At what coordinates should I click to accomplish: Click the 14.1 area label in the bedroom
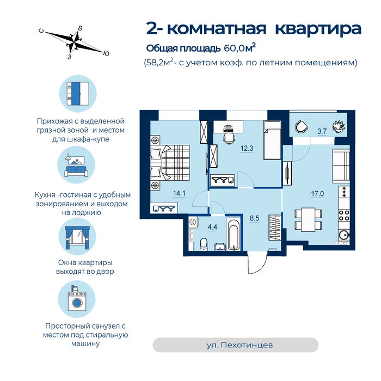pyautogui.click(x=179, y=193)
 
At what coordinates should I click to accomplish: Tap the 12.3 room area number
pyautogui.click(x=247, y=148)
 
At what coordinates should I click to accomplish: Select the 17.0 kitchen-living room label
pyautogui.click(x=317, y=194)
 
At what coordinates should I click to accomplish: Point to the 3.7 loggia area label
pyautogui.click(x=322, y=132)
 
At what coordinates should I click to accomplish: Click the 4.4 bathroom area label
pyautogui.click(x=212, y=227)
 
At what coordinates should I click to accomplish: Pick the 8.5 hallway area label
pyautogui.click(x=254, y=218)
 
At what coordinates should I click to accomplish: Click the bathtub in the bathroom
pyautogui.click(x=233, y=235)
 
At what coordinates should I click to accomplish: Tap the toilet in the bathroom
pyautogui.click(x=204, y=244)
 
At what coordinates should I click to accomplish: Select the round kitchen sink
pyautogui.click(x=344, y=235)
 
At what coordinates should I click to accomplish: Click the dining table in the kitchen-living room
pyautogui.click(x=308, y=219)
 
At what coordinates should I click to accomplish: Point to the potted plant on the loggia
pyautogui.click(x=339, y=127)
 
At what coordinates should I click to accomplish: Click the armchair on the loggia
pyautogui.click(x=302, y=127)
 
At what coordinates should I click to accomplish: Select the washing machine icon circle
pyautogui.click(x=77, y=299)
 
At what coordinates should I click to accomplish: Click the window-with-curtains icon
pyautogui.click(x=77, y=236)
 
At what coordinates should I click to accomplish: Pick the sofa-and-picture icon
pyautogui.click(x=76, y=165)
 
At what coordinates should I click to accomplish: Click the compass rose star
pyautogui.click(x=75, y=42)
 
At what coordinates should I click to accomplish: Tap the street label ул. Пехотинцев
pyautogui.click(x=239, y=345)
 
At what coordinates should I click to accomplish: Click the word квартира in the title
pyautogui.click(x=318, y=29)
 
